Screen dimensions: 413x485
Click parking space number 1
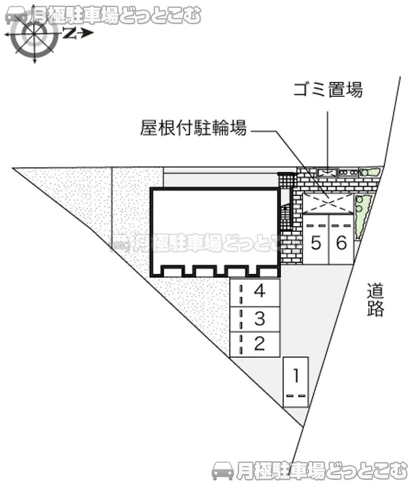click(x=296, y=382)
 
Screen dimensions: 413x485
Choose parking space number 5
click(x=316, y=242)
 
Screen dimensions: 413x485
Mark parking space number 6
click(x=341, y=242)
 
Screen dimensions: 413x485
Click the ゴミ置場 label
click(x=328, y=90)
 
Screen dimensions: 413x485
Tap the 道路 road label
click(x=375, y=300)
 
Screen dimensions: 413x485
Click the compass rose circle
click(x=35, y=34)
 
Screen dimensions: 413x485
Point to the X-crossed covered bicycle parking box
click(x=328, y=203)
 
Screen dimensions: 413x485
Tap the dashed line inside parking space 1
click(x=296, y=396)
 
